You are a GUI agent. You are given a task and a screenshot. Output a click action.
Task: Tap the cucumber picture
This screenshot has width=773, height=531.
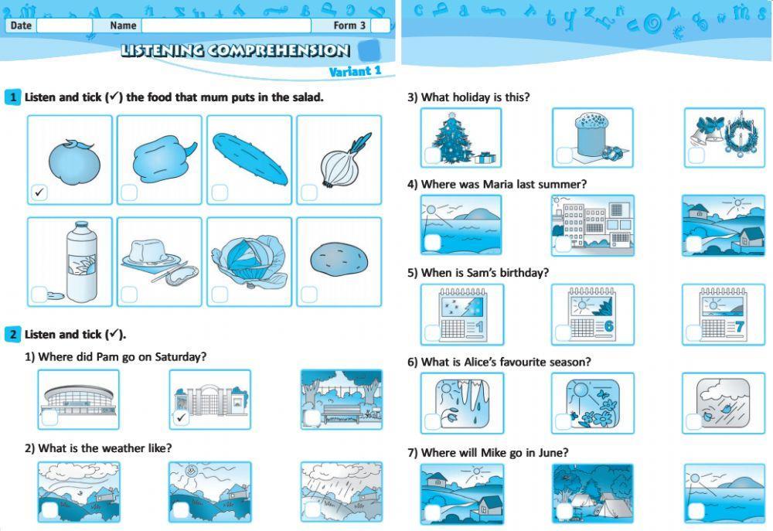pos(249,156)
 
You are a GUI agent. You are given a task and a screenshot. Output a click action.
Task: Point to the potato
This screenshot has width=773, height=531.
pos(338,260)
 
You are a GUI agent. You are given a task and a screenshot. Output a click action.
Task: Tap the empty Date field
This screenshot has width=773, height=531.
pos(64,26)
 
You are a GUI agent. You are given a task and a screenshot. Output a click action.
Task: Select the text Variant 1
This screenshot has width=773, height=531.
pos(355,72)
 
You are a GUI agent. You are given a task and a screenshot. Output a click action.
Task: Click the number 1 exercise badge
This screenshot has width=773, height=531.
pos(12,97)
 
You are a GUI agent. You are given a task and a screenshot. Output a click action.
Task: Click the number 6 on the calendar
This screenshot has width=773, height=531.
pos(608,325)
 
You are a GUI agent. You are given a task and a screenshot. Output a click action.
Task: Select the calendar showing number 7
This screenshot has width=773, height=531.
pos(724,314)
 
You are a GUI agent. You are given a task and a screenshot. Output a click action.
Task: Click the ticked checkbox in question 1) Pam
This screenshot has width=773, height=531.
pos(181,417)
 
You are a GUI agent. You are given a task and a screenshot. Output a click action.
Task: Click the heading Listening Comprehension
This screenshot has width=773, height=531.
pos(235,51)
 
